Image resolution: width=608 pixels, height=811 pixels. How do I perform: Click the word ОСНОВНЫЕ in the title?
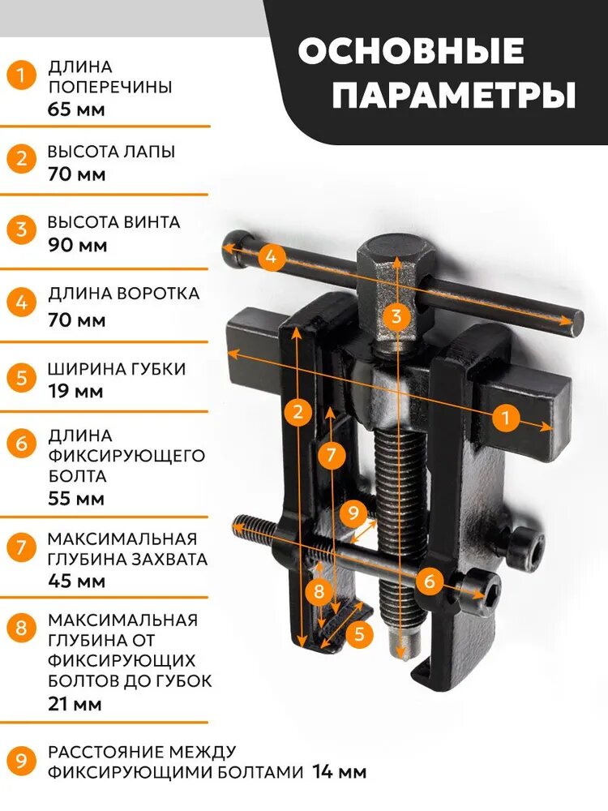pyautogui.click(x=411, y=50)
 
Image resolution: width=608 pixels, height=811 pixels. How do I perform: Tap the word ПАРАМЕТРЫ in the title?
pyautogui.click(x=454, y=95)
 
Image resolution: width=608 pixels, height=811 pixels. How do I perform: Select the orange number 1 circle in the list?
pyautogui.click(x=21, y=75)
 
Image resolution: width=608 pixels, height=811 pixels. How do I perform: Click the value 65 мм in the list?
pyautogui.click(x=76, y=109)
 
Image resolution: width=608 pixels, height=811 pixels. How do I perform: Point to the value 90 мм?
pyautogui.click(x=78, y=245)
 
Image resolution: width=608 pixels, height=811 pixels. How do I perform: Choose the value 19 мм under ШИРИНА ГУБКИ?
pyautogui.click(x=75, y=391)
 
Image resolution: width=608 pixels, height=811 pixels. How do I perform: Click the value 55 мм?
pyautogui.click(x=76, y=499)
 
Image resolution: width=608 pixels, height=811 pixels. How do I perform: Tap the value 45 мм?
pyautogui.click(x=76, y=581)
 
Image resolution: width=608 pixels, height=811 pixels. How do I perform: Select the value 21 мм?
pyautogui.click(x=75, y=704)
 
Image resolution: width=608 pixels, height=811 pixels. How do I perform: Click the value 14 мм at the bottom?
pyautogui.click(x=340, y=772)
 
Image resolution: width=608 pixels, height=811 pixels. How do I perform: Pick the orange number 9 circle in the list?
pyautogui.click(x=21, y=761)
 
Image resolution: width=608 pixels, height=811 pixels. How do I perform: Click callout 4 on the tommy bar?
pyautogui.click(x=272, y=256)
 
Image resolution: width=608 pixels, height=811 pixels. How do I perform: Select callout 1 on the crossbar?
pyautogui.click(x=505, y=417)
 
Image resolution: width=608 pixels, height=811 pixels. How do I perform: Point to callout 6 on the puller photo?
pyautogui.click(x=430, y=581)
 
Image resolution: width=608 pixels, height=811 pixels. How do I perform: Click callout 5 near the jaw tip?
pyautogui.click(x=360, y=633)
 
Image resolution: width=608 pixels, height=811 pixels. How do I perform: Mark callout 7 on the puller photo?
pyautogui.click(x=332, y=455)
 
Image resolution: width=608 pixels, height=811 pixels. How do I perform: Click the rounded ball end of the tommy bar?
pyautogui.click(x=237, y=248)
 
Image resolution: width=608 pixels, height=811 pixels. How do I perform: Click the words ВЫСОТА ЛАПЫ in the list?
pyautogui.click(x=112, y=152)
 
